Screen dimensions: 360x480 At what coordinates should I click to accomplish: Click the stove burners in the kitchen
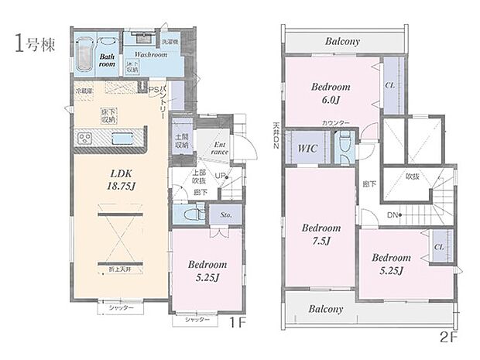84,139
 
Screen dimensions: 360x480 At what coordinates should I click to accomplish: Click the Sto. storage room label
226,214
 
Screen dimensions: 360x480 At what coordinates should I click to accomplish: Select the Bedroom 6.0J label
331,93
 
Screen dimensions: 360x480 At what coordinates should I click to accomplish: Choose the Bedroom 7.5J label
321,235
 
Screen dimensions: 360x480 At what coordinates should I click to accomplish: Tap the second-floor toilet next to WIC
343,146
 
